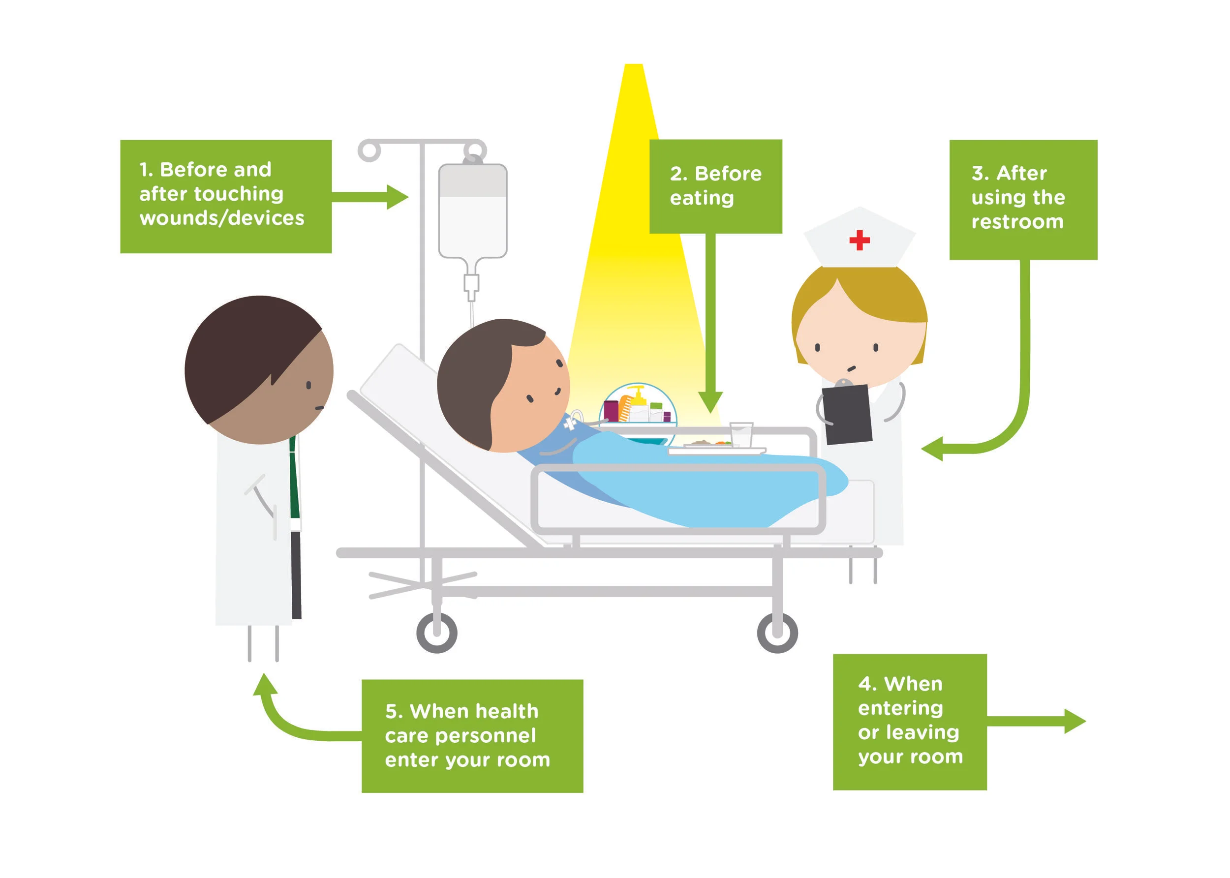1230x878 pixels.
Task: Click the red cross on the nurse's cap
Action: point(859,240)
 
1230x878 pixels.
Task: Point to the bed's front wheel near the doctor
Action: point(436,632)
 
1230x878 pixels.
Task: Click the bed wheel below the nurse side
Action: point(777,632)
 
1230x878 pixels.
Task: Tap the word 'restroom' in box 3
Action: point(1016,222)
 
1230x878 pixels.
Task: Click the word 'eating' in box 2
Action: point(701,198)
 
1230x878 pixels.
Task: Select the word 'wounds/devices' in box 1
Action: point(222,218)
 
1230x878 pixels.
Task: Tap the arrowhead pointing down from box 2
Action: point(710,402)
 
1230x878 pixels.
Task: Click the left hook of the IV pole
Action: point(369,151)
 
